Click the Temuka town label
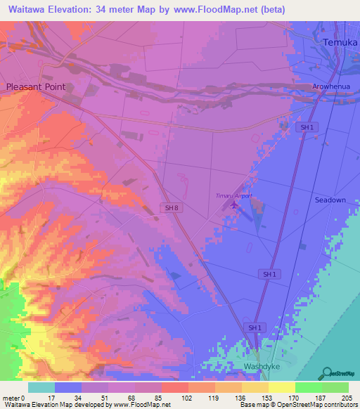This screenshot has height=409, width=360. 335,43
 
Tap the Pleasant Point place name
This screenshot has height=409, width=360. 36,86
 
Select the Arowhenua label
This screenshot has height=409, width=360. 331,87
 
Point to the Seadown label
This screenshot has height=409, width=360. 330,200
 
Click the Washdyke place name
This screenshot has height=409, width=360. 262,367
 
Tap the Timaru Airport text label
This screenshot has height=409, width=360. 233,196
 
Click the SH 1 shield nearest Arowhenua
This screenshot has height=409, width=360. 306,127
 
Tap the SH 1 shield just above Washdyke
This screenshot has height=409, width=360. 255,327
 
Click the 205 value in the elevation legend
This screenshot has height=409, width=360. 347,398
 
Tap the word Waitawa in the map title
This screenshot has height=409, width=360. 27,10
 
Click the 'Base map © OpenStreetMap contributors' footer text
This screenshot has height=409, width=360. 297,405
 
